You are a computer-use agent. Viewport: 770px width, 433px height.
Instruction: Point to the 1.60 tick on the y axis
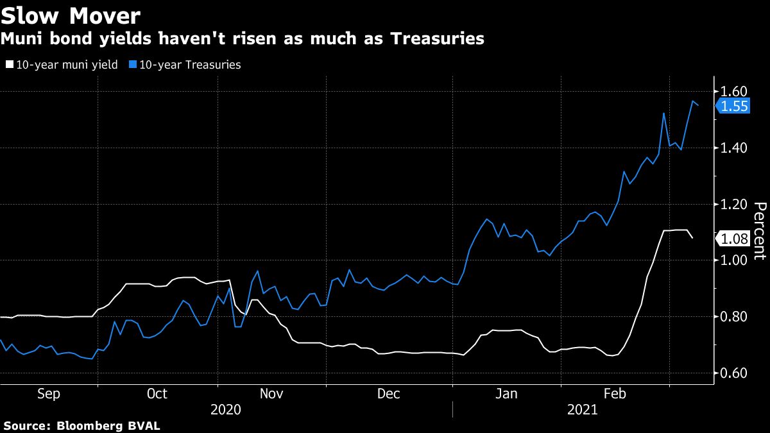pos(734,91)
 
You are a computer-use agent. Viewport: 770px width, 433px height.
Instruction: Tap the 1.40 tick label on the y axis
pos(734,148)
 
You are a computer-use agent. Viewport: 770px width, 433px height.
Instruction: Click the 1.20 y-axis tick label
pos(734,204)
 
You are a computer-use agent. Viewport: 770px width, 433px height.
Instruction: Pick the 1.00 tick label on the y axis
pos(734,260)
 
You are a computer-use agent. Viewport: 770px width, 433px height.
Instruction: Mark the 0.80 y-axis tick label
pos(734,317)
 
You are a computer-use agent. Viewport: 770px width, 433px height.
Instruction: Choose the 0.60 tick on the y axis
pos(734,373)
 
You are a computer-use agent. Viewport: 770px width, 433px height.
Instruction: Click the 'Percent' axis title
pos(760,231)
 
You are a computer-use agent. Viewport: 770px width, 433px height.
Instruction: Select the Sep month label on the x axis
pos(49,393)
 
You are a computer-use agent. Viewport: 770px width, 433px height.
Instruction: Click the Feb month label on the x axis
pos(614,393)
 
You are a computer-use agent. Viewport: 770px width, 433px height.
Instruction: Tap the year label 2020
pos(225,409)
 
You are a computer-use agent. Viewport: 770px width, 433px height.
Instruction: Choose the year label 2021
pos(583,409)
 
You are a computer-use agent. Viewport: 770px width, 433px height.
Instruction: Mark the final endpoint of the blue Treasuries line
pos(698,105)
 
